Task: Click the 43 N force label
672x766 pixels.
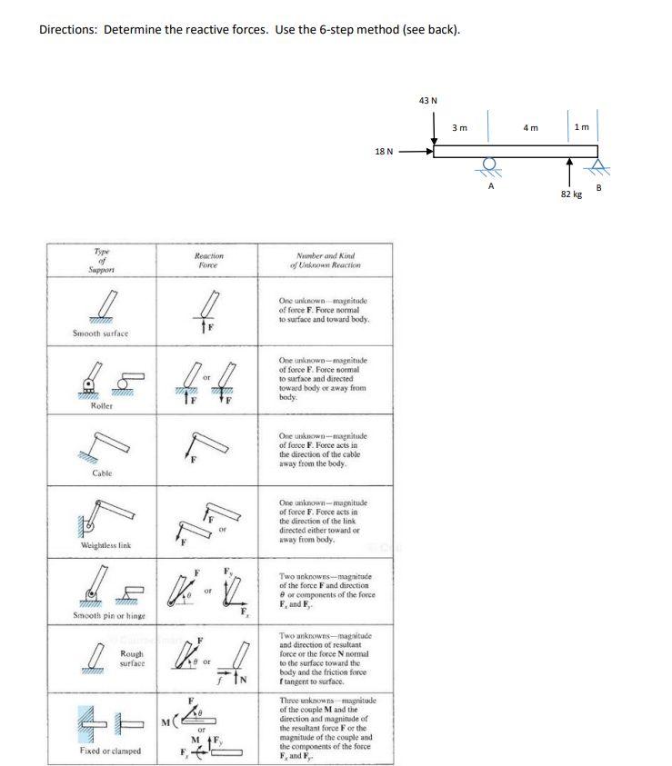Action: point(427,100)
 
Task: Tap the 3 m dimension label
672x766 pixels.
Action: point(460,128)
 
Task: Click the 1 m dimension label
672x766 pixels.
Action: point(581,128)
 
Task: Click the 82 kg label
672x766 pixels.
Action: point(570,195)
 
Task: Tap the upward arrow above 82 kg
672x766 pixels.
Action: point(570,174)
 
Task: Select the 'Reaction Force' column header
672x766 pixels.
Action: point(210,261)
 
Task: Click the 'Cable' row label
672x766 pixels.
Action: point(100,473)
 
